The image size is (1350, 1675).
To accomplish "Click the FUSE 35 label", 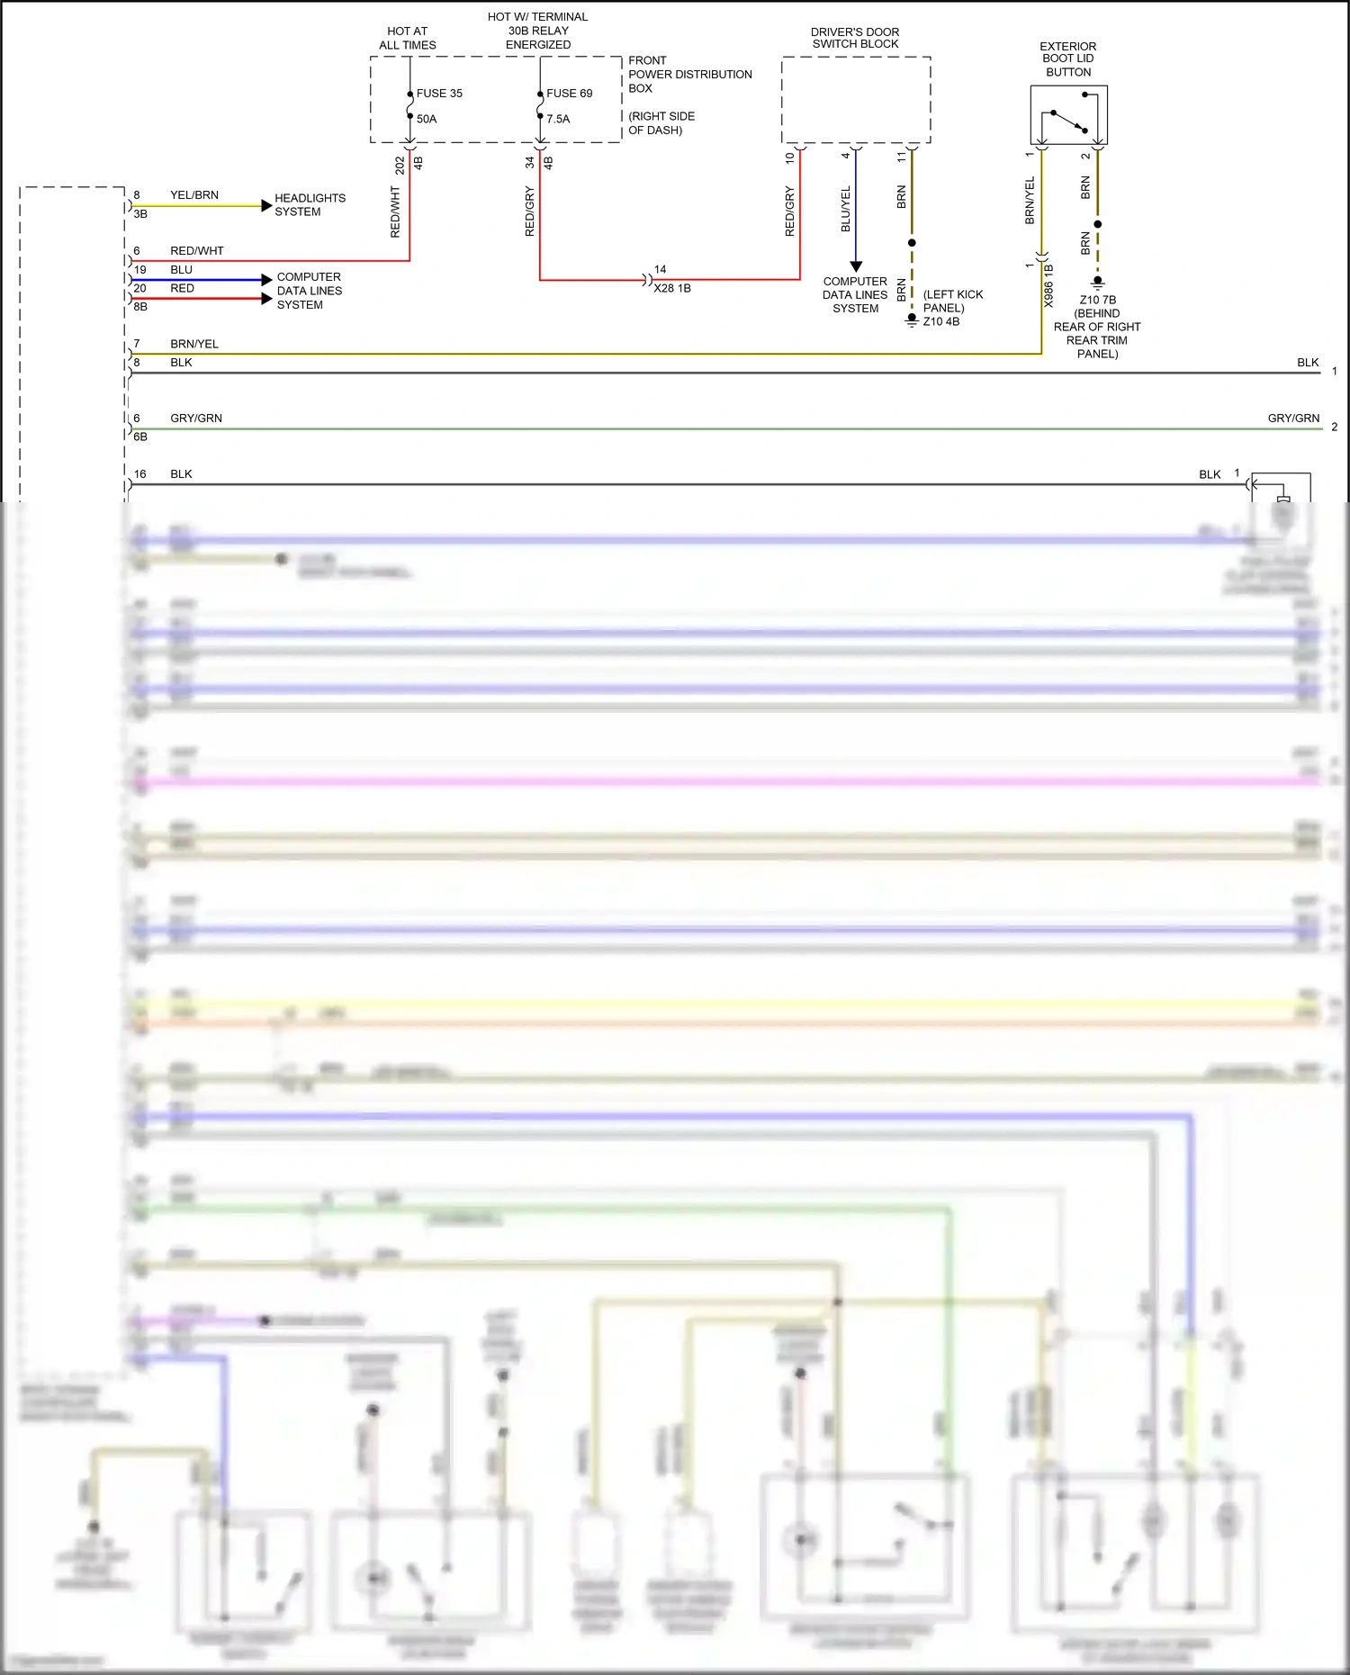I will pyautogui.click(x=438, y=94).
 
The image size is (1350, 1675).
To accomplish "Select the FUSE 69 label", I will pyautogui.click(x=569, y=94).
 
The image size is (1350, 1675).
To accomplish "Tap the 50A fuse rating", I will pyautogui.click(x=427, y=119).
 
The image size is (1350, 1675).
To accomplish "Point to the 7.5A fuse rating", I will pyautogui.click(x=558, y=119).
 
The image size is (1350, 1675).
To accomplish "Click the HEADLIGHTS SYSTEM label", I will pyautogui.click(x=310, y=205).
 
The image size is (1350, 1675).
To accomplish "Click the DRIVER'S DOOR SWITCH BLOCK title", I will pyautogui.click(x=855, y=38).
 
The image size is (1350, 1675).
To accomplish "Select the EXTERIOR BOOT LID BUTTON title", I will pyautogui.click(x=1068, y=59).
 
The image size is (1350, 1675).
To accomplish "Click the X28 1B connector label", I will pyautogui.click(x=672, y=288).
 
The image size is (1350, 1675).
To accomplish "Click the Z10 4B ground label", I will pyautogui.click(x=941, y=321).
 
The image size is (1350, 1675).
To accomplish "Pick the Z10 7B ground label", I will pyautogui.click(x=1098, y=300).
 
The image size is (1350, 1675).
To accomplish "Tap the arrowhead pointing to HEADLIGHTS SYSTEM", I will pyautogui.click(x=266, y=205).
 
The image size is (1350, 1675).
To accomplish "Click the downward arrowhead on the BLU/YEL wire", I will pyautogui.click(x=856, y=266).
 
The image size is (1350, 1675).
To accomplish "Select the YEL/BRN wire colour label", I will pyautogui.click(x=194, y=195).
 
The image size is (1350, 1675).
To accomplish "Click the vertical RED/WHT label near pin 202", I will pyautogui.click(x=395, y=212).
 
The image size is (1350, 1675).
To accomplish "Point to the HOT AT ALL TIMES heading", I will pyautogui.click(x=408, y=38).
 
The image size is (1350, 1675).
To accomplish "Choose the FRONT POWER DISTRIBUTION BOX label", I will pyautogui.click(x=689, y=75).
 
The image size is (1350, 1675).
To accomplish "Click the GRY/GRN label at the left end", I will pyautogui.click(x=196, y=419).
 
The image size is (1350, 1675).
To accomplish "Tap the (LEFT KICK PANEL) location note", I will pyautogui.click(x=953, y=301).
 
